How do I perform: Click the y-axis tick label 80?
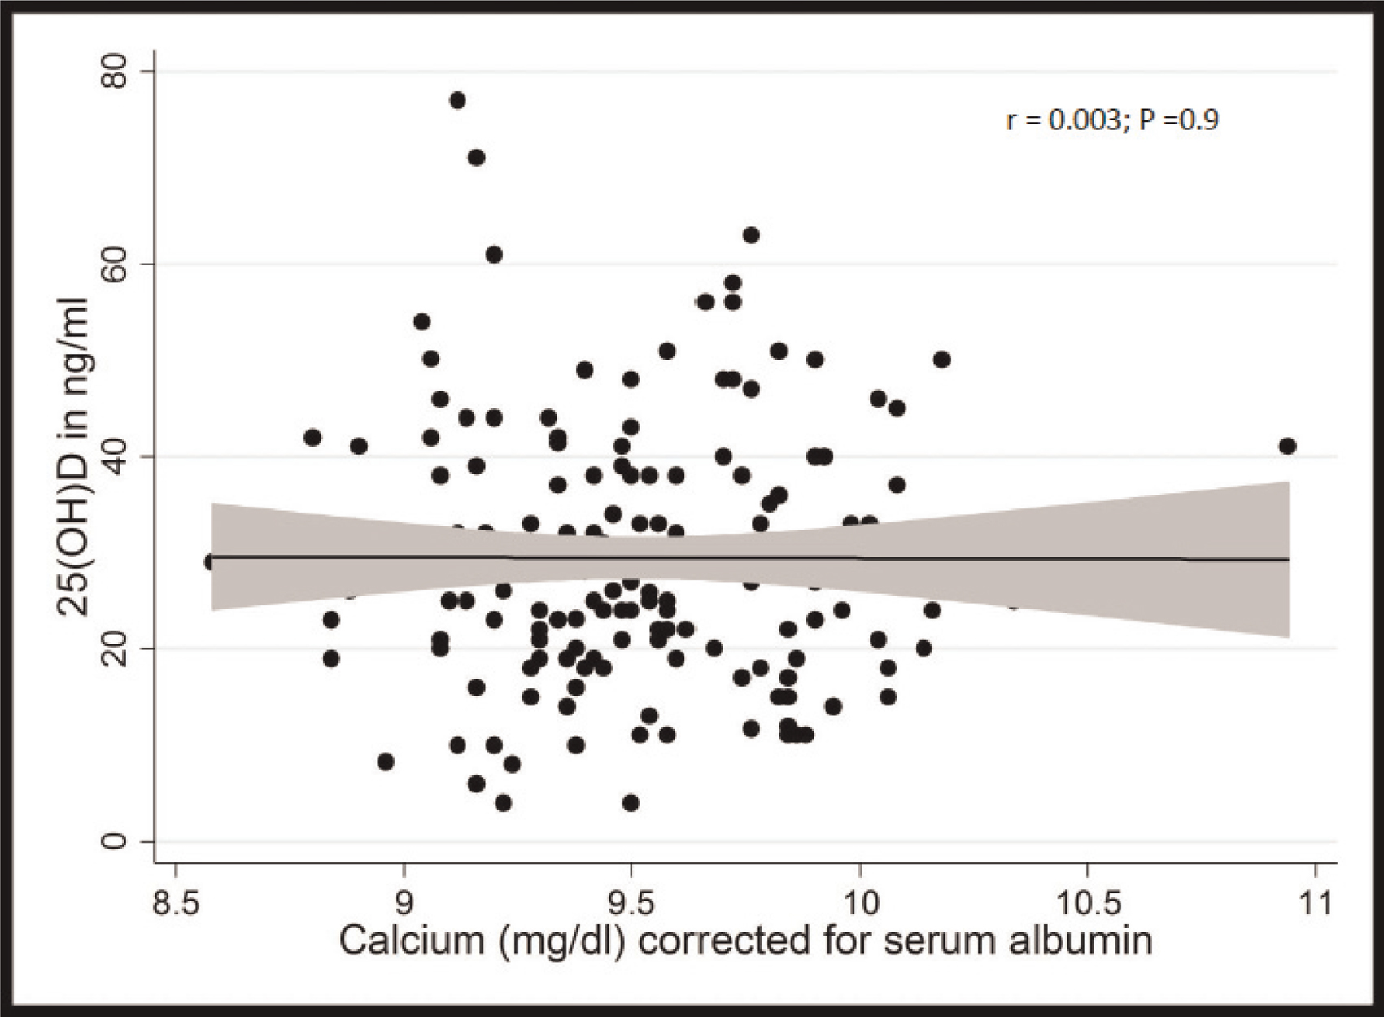[115, 72]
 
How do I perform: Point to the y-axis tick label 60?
[115, 264]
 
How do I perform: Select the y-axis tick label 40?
[115, 456]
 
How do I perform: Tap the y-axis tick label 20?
[115, 648]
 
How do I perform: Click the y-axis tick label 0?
[115, 840]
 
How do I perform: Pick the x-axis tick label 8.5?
[177, 904]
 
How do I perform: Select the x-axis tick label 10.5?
[1088, 904]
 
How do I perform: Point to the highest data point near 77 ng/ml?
[457, 100]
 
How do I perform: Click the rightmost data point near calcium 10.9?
[1287, 446]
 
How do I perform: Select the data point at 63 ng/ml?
[751, 235]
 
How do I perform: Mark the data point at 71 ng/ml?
[476, 157]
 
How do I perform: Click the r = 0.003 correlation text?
[1063, 120]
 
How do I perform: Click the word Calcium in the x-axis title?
[411, 941]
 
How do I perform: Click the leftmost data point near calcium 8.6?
[212, 561]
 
